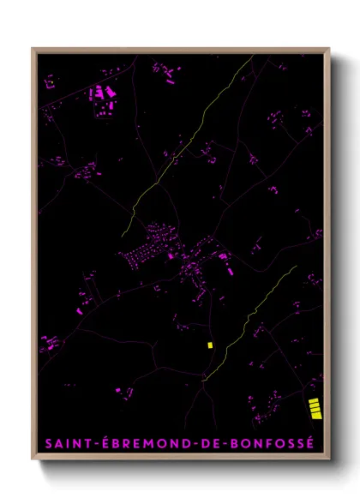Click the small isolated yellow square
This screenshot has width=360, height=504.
coord(209,345)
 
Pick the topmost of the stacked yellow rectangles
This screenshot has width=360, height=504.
coord(315,400)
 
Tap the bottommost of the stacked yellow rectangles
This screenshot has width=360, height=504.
coord(315,417)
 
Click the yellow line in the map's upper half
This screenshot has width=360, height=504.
coord(171,163)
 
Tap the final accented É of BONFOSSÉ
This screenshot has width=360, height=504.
coord(311,444)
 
